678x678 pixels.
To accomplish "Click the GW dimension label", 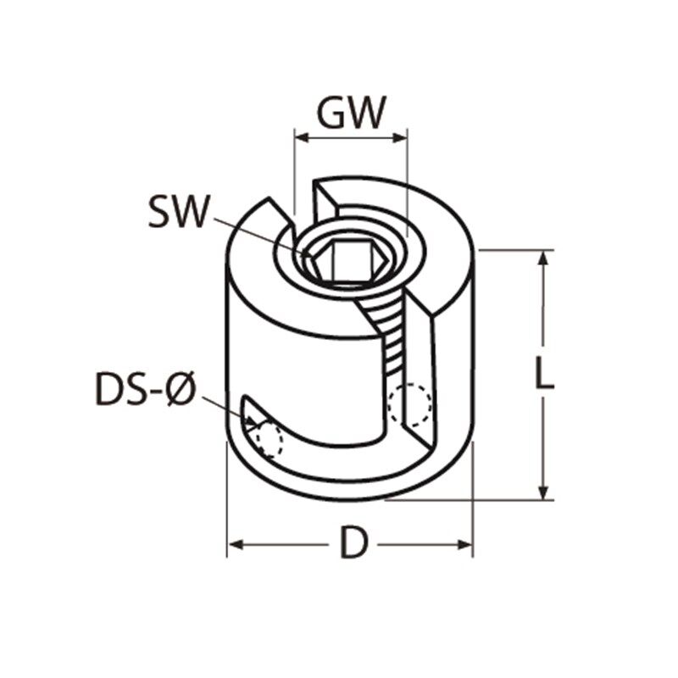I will pyautogui.click(x=351, y=112).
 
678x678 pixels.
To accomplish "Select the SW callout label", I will pyautogui.click(x=176, y=212).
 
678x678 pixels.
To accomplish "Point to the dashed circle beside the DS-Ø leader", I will pyautogui.click(x=268, y=439).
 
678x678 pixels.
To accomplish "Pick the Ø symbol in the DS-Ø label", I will pyautogui.click(x=181, y=392).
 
